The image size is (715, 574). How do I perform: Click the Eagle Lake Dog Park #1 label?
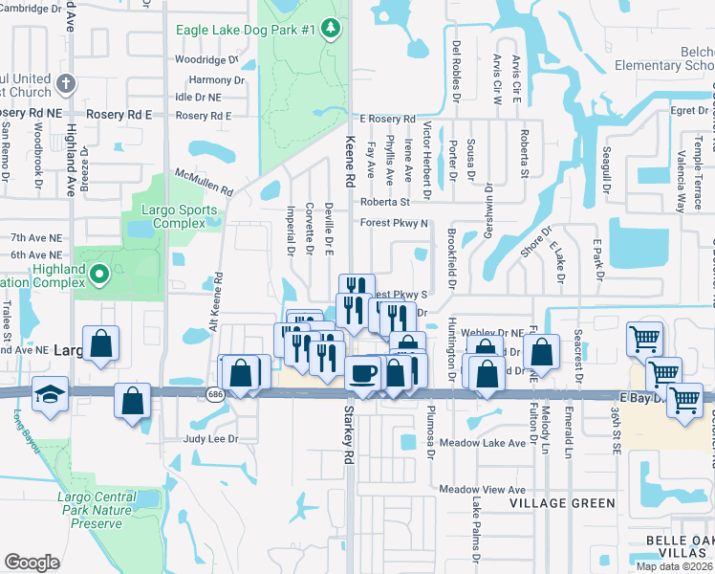[x=245, y=30]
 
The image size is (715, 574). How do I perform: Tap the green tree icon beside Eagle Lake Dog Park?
[x=331, y=29]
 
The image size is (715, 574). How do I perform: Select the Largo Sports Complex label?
[x=174, y=216]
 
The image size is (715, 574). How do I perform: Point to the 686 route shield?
[x=216, y=392]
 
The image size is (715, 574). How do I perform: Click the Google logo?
[x=32, y=562]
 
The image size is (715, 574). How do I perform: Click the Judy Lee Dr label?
[x=209, y=440]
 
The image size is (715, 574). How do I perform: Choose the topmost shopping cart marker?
[x=644, y=337]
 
